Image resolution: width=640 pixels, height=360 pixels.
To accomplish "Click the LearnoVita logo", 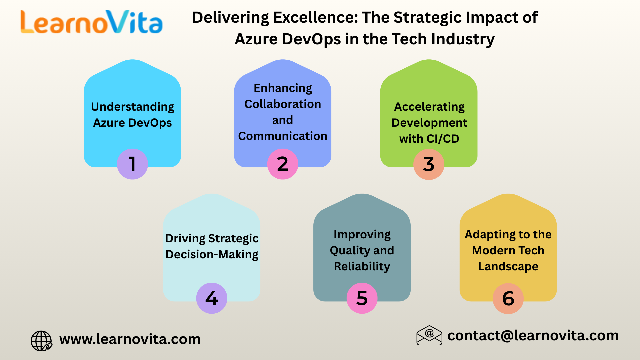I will coord(91,22).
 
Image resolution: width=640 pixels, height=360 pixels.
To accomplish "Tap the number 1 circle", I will coord(132,164).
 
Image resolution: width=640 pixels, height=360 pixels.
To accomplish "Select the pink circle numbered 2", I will coord(283,164).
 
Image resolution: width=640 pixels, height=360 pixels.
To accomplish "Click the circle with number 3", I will coord(429,164).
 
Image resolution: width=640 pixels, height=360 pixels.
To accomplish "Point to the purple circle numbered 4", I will coord(212,298).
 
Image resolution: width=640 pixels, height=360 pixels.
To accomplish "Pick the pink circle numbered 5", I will coord(362,298).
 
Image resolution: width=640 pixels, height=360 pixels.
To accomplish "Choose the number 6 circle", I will coord(508,298).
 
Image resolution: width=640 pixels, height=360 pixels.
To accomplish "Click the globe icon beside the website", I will coord(41,341).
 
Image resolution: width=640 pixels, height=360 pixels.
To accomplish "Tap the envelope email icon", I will coord(429,335).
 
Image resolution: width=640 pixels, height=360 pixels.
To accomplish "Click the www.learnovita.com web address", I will coord(130,339).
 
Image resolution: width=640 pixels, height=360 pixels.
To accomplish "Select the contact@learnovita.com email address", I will coord(533,335).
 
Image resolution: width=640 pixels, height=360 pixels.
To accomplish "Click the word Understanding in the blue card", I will coord(132,107).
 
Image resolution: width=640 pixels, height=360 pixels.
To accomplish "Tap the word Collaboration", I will coord(283,104).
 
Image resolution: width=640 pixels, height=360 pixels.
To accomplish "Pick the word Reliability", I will coord(362,266).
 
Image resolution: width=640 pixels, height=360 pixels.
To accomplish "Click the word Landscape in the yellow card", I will coord(508,266).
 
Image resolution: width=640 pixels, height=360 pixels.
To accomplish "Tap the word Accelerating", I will coord(429,107).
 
